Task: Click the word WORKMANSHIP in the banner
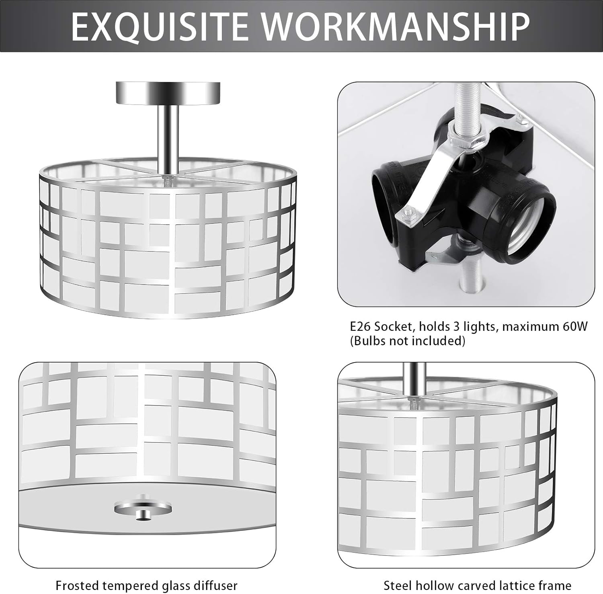point(396,27)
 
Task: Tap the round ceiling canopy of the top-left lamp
point(168,92)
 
